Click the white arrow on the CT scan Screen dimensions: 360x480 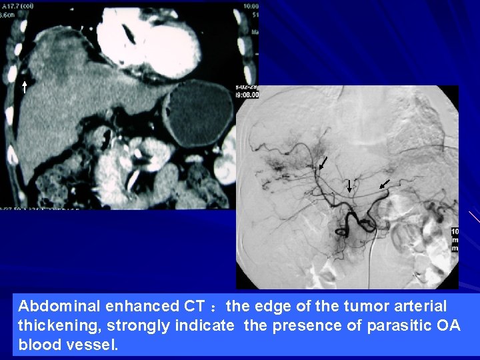click(24, 87)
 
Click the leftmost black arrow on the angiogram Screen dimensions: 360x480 click(323, 163)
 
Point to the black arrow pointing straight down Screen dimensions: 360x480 click(349, 186)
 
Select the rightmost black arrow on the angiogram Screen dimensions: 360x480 click(385, 182)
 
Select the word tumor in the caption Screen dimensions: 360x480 click(367, 307)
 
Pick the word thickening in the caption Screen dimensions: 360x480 click(51, 326)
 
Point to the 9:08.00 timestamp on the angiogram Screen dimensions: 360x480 click(247, 95)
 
